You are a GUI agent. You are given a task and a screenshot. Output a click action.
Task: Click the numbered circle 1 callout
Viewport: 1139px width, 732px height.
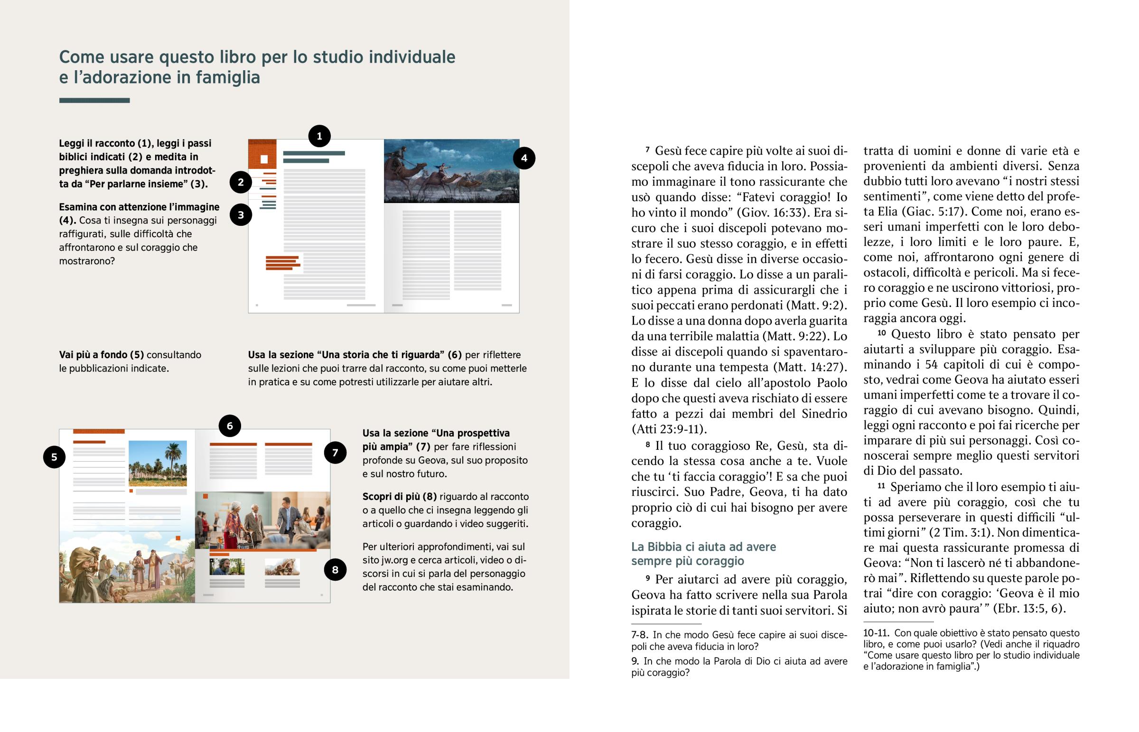[x=319, y=137]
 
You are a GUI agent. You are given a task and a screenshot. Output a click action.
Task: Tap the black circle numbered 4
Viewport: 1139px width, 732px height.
[x=524, y=158]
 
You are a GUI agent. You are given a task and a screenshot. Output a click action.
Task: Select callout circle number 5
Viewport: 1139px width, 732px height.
[x=54, y=457]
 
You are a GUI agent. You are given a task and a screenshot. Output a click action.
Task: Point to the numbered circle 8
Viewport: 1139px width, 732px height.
[x=335, y=569]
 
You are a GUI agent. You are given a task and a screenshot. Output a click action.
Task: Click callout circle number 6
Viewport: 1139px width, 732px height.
[x=230, y=426]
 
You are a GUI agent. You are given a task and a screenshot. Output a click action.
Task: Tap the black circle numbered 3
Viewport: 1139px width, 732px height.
[x=241, y=215]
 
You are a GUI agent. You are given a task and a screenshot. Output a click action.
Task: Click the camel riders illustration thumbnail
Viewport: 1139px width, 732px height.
[x=451, y=171]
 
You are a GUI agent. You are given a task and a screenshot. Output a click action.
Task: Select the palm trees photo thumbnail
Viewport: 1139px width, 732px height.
[x=158, y=463]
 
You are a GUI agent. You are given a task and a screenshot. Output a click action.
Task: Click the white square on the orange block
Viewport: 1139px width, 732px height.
[x=264, y=159]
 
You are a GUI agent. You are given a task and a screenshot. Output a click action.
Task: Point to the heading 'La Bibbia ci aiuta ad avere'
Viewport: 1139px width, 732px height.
[x=703, y=547]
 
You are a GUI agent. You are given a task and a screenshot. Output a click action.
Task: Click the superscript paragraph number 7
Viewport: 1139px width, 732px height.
[x=647, y=150]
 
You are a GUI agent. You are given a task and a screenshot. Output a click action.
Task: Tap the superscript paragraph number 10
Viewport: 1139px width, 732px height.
[x=881, y=333]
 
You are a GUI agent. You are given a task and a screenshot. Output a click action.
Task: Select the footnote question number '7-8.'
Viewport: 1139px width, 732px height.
[x=639, y=635]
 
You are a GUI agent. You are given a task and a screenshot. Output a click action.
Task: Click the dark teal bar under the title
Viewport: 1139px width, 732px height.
[x=94, y=100]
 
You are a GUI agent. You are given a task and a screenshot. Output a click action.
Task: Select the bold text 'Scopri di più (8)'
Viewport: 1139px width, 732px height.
[x=399, y=497]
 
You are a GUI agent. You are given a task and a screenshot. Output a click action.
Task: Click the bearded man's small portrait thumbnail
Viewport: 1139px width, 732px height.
[x=227, y=566]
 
